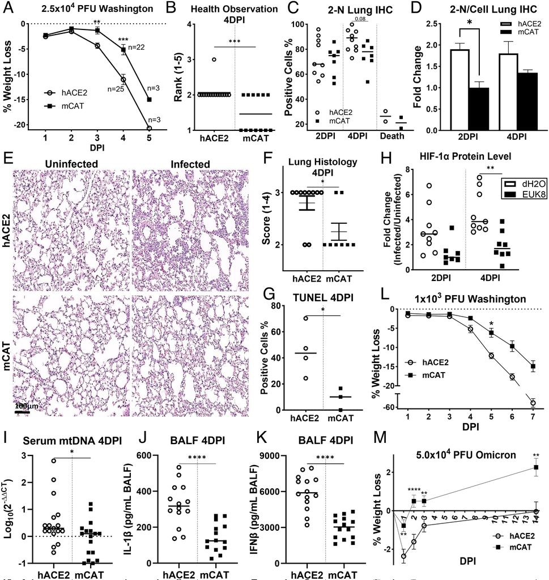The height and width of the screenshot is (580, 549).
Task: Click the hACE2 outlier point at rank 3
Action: point(215,59)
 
